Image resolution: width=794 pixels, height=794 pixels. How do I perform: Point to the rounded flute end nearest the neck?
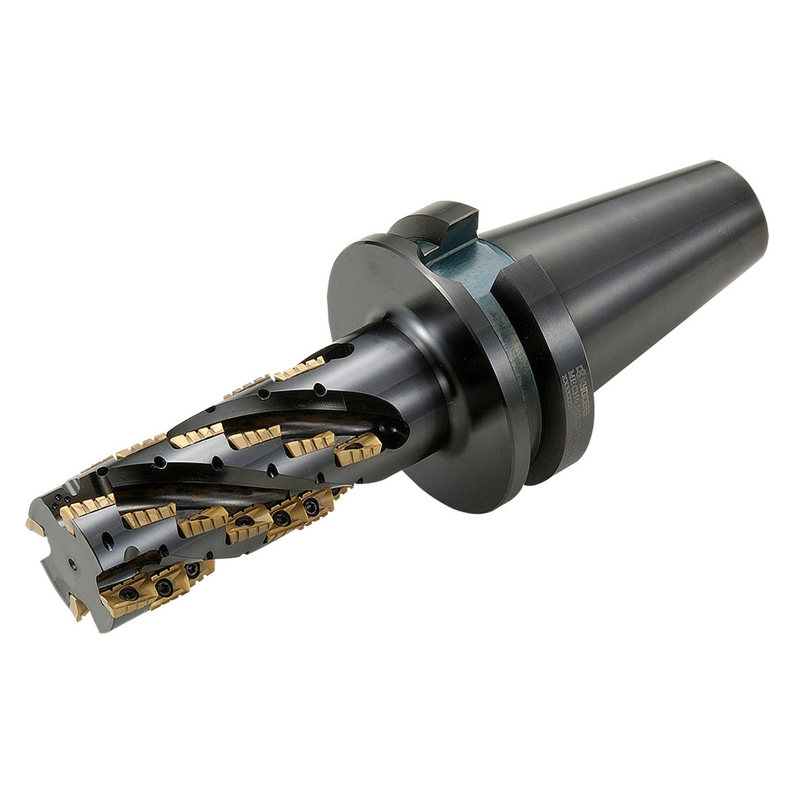click(395, 434)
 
